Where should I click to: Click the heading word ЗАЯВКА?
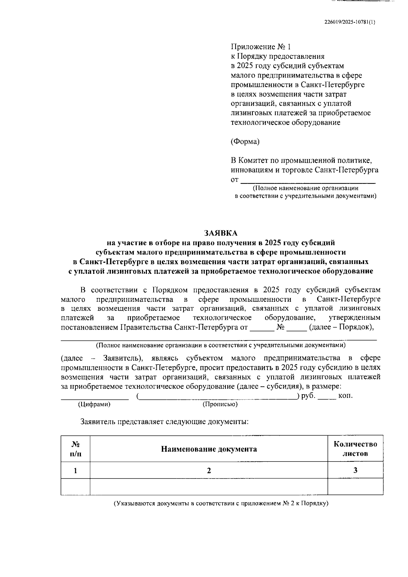(221, 233)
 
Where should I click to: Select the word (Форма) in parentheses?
(245, 142)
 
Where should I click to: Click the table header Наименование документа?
(209, 449)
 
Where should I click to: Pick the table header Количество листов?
(355, 449)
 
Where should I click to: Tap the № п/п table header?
(75, 449)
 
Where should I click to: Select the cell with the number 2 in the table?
(209, 470)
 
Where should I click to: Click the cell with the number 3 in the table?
(355, 470)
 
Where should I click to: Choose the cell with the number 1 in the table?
(75, 470)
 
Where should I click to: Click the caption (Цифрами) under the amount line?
(94, 404)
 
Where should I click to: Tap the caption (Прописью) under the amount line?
(220, 404)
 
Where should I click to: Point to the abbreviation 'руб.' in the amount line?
(308, 396)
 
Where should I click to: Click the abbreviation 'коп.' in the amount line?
(345, 396)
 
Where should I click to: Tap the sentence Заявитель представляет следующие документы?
(164, 422)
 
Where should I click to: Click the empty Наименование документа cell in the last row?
(209, 487)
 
